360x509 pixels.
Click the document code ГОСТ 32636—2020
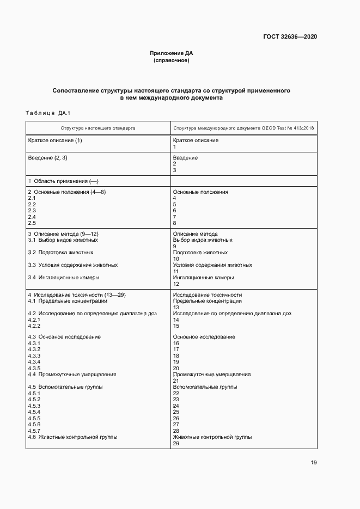point(290,37)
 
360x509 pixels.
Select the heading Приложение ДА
point(172,53)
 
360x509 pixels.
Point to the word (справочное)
point(172,60)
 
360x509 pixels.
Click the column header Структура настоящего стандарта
point(99,128)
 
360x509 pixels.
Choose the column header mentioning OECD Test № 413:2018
point(243,128)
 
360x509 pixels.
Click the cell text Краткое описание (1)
point(55,140)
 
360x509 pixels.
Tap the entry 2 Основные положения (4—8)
point(66,192)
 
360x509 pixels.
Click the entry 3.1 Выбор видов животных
point(63,240)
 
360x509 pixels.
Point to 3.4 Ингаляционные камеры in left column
point(64,278)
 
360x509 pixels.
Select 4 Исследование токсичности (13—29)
point(77,295)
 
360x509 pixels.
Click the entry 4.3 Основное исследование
point(64,337)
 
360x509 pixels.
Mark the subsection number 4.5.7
point(34,431)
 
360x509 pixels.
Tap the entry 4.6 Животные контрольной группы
point(72,437)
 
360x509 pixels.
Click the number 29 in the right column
point(176,443)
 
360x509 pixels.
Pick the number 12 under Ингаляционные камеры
point(176,284)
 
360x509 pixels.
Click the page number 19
point(313,463)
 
